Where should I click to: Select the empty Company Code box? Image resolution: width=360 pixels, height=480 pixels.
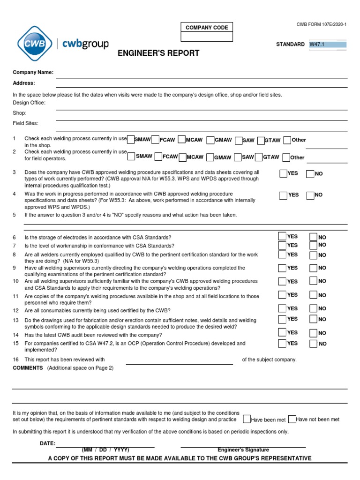[x=207, y=37]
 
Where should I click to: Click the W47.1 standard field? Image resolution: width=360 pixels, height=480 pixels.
[x=327, y=45]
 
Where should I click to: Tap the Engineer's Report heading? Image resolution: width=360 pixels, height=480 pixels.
[x=158, y=53]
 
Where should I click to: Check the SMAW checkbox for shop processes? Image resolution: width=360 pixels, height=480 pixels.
[x=131, y=140]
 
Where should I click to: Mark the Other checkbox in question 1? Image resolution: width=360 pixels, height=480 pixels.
[x=287, y=140]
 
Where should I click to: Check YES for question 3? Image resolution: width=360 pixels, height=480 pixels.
[x=283, y=174]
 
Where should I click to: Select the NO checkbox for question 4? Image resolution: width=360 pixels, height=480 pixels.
[x=310, y=195]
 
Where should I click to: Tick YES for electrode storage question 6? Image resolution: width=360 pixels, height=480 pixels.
[x=282, y=236]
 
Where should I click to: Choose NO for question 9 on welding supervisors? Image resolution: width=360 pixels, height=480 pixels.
[x=313, y=268]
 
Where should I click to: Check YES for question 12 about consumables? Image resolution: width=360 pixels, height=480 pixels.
[x=282, y=308]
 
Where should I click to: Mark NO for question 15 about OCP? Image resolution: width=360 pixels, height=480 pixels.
[x=313, y=344]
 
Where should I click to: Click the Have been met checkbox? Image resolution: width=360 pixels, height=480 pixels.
[x=247, y=419]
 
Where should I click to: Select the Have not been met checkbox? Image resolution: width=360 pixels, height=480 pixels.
[x=292, y=419]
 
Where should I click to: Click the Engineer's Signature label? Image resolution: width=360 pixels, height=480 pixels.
[x=243, y=450]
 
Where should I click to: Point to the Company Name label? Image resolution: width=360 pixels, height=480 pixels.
[x=33, y=72]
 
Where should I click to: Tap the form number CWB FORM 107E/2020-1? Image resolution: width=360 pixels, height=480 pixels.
[x=322, y=24]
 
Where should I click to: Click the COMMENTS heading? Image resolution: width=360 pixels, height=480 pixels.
[x=28, y=368]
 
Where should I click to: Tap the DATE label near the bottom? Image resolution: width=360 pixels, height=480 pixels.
[x=47, y=443]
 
